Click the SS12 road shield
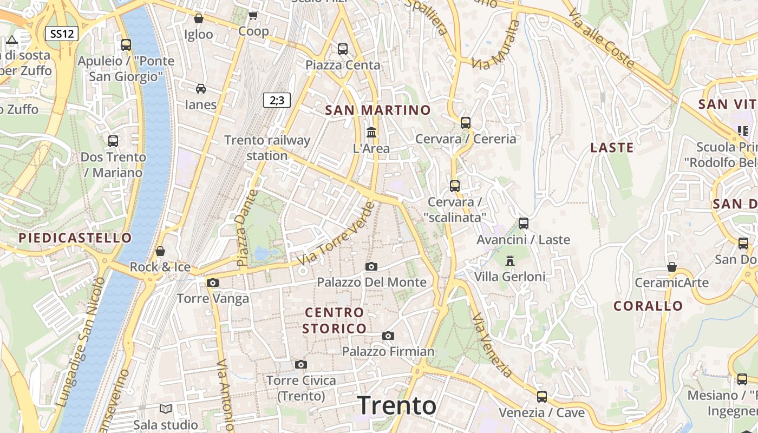pos(62,34)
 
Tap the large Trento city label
pos(397,405)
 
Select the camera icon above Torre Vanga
pos(213,283)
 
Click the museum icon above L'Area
pos(371,132)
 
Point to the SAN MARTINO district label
pos(378,110)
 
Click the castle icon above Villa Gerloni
pos(509,260)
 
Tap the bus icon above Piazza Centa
pos(343,49)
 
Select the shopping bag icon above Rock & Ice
pos(160,251)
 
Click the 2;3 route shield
pos(277,100)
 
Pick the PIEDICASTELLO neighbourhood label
pos(75,238)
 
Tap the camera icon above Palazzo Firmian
pos(388,336)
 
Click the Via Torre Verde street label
pos(337,233)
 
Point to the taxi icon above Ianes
pos(201,88)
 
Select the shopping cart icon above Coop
pos(253,15)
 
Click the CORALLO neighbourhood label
pos(648,306)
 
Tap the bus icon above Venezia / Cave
pos(542,396)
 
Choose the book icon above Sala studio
pos(166,409)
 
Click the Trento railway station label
pos(267,148)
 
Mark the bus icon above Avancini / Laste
pos(523,223)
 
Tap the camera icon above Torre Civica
pos(301,364)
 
